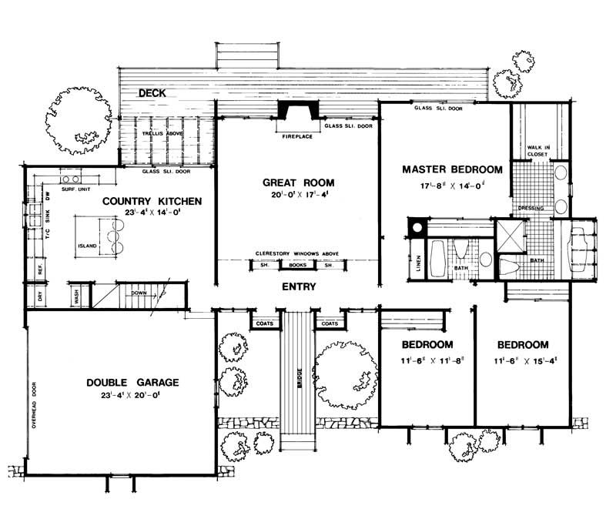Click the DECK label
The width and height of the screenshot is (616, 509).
point(153,93)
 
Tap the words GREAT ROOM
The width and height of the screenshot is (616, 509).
point(299,183)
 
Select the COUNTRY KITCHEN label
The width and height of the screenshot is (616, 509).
point(152,201)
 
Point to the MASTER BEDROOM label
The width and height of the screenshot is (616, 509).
point(452,169)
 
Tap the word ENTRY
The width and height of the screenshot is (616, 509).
point(298,286)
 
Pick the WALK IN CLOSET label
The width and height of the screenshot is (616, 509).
point(537,150)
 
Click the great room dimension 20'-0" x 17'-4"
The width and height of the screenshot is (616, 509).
point(299,197)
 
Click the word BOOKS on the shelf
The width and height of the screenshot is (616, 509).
point(297,265)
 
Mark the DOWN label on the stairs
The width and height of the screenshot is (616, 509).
point(139,293)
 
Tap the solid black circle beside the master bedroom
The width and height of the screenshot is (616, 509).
point(416,227)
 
